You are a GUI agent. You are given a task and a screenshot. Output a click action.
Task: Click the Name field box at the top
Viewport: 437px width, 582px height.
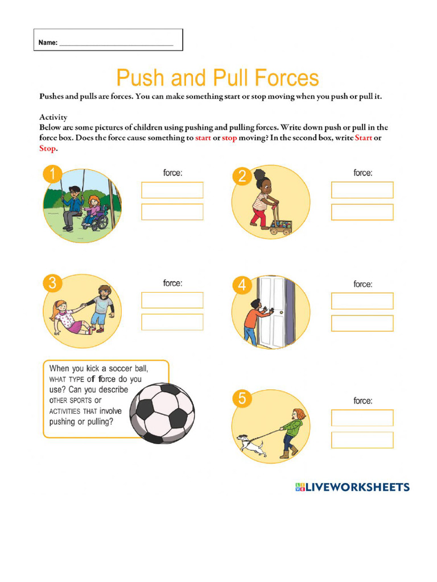(x=108, y=40)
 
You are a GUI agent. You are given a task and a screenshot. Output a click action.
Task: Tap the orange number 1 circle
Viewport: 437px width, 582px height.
(x=53, y=174)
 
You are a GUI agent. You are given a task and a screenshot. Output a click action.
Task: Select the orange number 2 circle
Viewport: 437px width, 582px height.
(x=242, y=176)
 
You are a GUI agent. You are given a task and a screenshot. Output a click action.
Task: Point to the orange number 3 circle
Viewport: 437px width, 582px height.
(x=52, y=282)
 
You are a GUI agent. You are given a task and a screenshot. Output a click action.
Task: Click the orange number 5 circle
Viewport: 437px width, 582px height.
(x=242, y=399)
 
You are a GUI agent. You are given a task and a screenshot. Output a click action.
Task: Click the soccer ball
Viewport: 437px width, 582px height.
(x=162, y=413)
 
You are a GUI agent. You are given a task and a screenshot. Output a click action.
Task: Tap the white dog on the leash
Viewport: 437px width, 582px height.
(x=250, y=444)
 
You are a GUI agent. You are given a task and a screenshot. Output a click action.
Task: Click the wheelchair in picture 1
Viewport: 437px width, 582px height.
(x=95, y=218)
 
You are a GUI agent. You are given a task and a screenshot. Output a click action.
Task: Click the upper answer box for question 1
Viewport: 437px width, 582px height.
(x=172, y=190)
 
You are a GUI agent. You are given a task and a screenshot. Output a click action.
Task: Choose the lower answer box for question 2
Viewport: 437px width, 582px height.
(x=362, y=212)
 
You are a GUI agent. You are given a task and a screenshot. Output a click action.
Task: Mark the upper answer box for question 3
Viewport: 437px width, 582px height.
(x=172, y=300)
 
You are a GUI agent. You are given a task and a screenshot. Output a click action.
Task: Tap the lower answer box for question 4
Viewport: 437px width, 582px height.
(x=362, y=323)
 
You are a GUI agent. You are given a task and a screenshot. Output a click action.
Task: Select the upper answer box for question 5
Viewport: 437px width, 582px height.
(x=362, y=418)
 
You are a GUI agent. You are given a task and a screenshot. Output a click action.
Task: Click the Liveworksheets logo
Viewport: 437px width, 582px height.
(x=352, y=487)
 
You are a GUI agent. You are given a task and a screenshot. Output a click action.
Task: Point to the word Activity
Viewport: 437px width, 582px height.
(x=53, y=117)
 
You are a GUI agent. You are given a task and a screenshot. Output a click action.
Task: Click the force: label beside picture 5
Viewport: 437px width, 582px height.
(x=362, y=401)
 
